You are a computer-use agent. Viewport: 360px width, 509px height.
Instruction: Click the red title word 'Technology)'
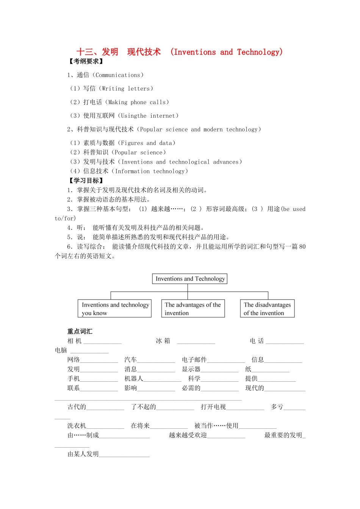point(260,52)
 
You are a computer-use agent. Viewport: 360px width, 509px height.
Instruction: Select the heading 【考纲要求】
point(86,61)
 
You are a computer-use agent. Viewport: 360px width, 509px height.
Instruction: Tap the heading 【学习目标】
point(86,181)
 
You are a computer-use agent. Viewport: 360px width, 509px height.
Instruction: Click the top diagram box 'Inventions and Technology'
point(190,279)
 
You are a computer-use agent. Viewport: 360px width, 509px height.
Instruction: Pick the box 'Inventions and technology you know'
point(114,309)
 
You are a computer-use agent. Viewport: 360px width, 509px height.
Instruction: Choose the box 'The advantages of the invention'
point(193,309)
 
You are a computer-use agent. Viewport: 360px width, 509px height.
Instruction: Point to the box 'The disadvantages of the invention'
point(267,309)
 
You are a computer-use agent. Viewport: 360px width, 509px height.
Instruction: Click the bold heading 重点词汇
point(80,331)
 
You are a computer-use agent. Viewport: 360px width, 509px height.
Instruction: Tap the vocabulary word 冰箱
point(163,341)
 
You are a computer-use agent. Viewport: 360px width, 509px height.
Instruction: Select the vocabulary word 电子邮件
point(194,360)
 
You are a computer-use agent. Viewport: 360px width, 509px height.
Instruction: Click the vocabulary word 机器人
point(134,379)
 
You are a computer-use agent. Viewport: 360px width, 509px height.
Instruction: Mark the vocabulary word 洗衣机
point(77,426)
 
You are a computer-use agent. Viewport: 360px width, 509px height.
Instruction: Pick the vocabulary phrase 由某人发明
point(83,454)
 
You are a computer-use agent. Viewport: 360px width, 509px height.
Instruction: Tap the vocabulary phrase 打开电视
point(213,407)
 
